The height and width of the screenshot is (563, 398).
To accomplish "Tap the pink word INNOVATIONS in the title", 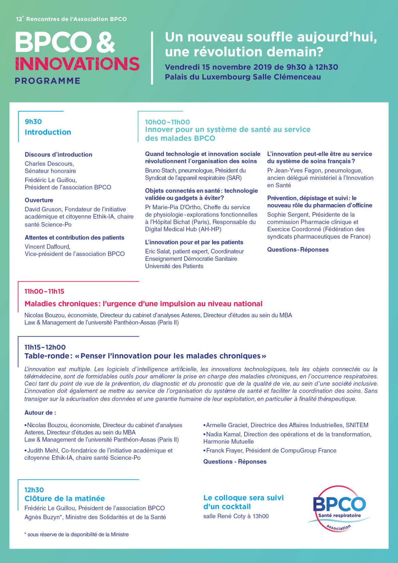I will click(77, 64).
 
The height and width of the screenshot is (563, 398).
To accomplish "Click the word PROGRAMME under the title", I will click(48, 81).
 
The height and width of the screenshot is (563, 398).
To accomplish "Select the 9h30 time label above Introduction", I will click(33, 122).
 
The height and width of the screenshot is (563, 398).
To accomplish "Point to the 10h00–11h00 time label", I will click(167, 122).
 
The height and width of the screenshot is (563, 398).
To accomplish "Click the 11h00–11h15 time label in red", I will click(44, 292).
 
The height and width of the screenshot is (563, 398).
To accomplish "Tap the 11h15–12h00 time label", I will click(45, 347).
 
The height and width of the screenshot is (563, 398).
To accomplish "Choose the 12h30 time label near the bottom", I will click(34, 490).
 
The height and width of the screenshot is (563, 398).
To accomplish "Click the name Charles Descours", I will click(49, 164).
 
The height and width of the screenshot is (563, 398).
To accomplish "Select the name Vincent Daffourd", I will click(47, 247).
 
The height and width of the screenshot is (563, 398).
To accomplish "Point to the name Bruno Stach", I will click(161, 170).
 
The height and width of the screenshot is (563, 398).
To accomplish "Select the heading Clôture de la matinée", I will click(65, 499).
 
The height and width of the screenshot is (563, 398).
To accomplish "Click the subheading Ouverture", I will click(39, 200).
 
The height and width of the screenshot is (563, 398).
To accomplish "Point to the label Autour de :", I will click(40, 413).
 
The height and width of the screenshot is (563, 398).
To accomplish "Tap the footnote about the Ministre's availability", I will click(77, 534).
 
